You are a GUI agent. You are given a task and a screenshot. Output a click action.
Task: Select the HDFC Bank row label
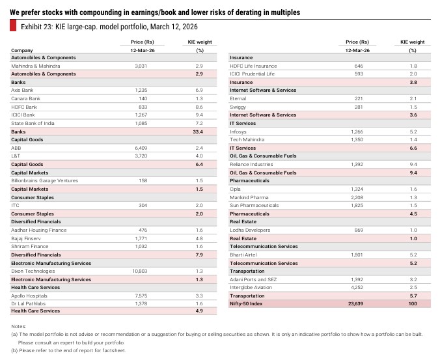click(x=24, y=106)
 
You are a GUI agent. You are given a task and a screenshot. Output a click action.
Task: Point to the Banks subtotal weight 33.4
click(x=199, y=132)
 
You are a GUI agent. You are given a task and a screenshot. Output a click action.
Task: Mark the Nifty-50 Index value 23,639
click(x=357, y=303)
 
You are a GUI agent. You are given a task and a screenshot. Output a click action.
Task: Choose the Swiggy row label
click(x=238, y=107)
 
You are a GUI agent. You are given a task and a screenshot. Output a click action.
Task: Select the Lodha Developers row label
click(x=249, y=230)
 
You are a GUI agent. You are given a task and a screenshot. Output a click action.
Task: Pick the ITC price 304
click(x=143, y=206)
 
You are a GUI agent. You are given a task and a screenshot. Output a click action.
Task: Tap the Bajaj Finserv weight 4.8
click(x=199, y=238)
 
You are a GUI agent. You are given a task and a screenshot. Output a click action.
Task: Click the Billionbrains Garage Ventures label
click(x=41, y=180)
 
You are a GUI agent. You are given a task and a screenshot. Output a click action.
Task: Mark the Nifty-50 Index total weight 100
click(x=412, y=303)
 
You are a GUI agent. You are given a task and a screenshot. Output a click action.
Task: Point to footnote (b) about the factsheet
click(x=68, y=350)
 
